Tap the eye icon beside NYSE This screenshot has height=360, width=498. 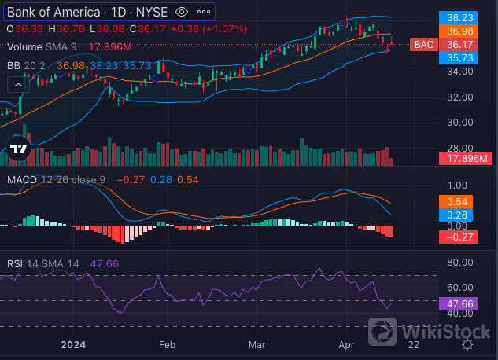point(182,12)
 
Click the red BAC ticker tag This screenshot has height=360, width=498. point(424,45)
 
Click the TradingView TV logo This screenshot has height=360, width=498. point(18,149)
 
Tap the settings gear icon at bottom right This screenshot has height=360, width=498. point(467,343)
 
